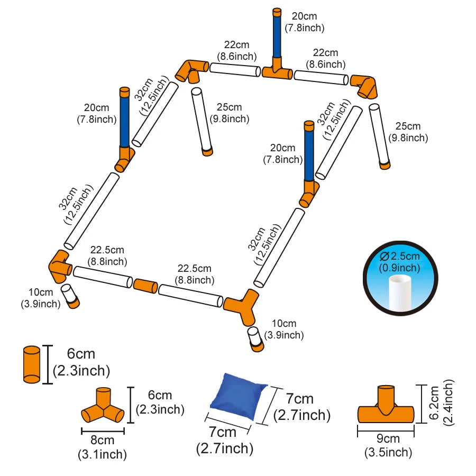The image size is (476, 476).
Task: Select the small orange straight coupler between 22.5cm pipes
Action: tap(144, 286)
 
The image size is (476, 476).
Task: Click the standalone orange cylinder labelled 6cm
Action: tap(32, 364)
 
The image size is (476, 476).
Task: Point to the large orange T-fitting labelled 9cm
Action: tap(386, 407)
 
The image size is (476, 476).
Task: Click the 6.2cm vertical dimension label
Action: tap(441, 402)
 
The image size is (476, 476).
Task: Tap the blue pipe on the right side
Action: tap(308, 153)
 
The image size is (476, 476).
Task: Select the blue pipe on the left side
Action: tap(124, 119)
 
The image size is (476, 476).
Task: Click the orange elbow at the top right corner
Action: tap(365, 85)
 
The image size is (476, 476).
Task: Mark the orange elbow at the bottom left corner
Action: tap(60, 266)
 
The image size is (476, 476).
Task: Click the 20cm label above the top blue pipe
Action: tap(304, 22)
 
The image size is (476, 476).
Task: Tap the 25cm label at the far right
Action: tap(408, 132)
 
